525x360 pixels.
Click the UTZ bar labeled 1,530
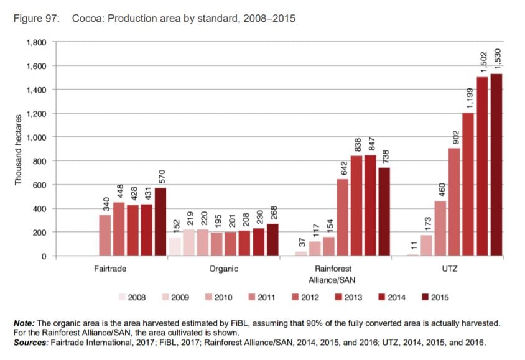(496, 165)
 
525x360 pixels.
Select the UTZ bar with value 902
(453, 202)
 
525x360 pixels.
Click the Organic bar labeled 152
(175, 247)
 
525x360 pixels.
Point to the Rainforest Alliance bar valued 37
(301, 254)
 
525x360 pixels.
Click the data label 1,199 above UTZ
(468, 96)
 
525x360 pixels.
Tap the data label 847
(371, 140)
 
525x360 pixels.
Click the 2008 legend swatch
(122, 297)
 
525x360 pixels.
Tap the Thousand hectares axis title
(19, 149)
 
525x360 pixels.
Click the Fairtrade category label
(111, 269)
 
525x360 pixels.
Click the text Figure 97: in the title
(36, 19)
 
